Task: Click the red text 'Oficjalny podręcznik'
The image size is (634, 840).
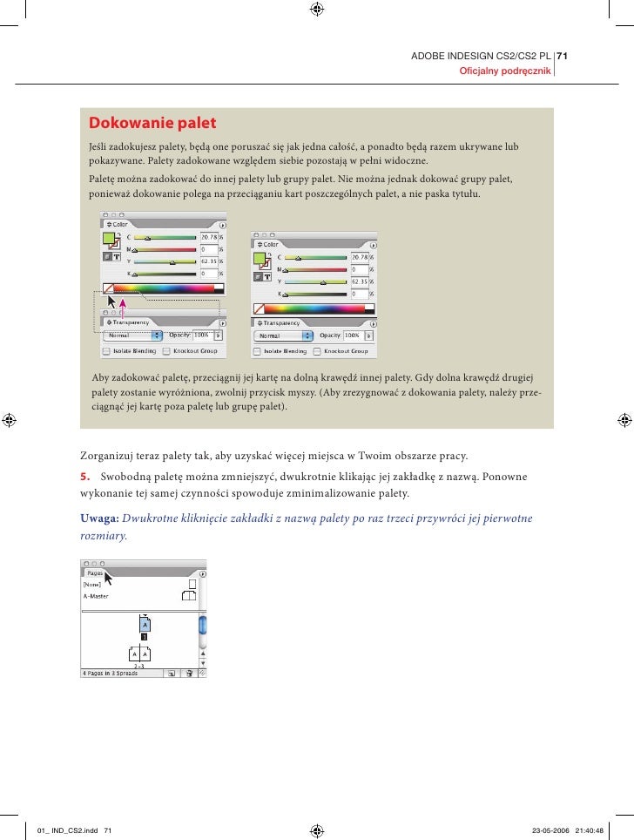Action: pos(505,71)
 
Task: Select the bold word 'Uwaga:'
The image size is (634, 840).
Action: pos(99,518)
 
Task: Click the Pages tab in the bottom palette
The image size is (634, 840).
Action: pos(92,574)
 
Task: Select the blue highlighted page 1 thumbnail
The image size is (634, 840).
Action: pos(145,625)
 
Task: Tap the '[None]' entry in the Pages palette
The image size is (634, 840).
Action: pos(91,585)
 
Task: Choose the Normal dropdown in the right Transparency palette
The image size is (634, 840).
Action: pos(282,335)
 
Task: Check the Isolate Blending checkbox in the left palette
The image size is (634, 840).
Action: pos(105,351)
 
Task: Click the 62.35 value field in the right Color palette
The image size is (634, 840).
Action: pos(359,282)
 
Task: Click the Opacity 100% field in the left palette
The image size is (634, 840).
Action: pos(201,335)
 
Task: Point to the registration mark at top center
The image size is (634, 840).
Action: pos(317,10)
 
